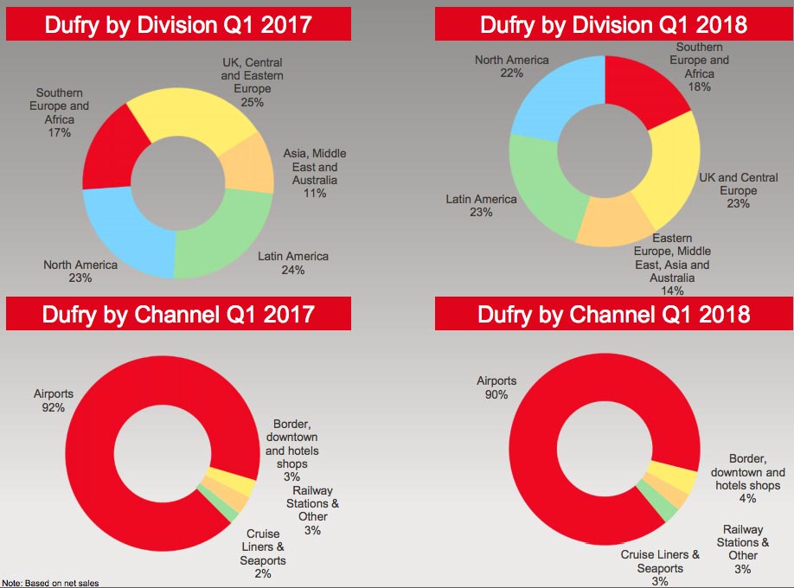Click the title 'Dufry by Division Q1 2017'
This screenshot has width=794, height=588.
tap(178, 23)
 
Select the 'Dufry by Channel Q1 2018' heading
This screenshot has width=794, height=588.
tap(613, 313)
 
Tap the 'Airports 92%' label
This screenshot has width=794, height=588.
tap(54, 400)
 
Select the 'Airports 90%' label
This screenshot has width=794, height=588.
tap(496, 387)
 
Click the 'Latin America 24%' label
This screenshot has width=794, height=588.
tap(292, 263)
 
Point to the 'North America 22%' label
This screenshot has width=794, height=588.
tap(511, 67)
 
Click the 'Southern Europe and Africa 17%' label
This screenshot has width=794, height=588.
tap(61, 113)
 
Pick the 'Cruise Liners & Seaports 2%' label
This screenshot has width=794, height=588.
tap(263, 553)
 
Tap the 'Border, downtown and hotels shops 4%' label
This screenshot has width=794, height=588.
tap(747, 472)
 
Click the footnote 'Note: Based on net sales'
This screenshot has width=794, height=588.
tap(50, 583)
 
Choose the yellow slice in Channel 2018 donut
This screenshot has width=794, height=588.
tap(682, 480)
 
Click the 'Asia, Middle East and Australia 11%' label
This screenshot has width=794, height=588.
tap(314, 173)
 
